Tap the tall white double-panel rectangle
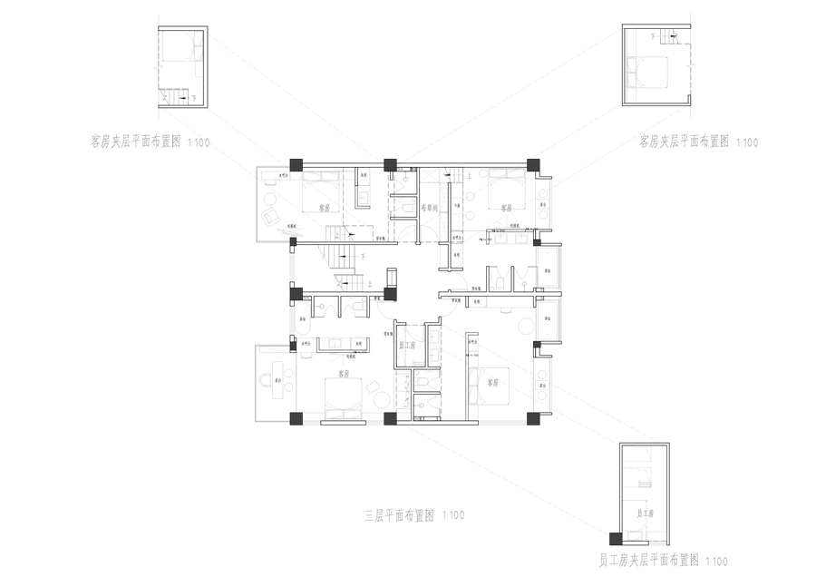tap(402, 392)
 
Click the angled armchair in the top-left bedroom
tap(268, 217)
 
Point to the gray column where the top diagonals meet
tap(390, 164)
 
